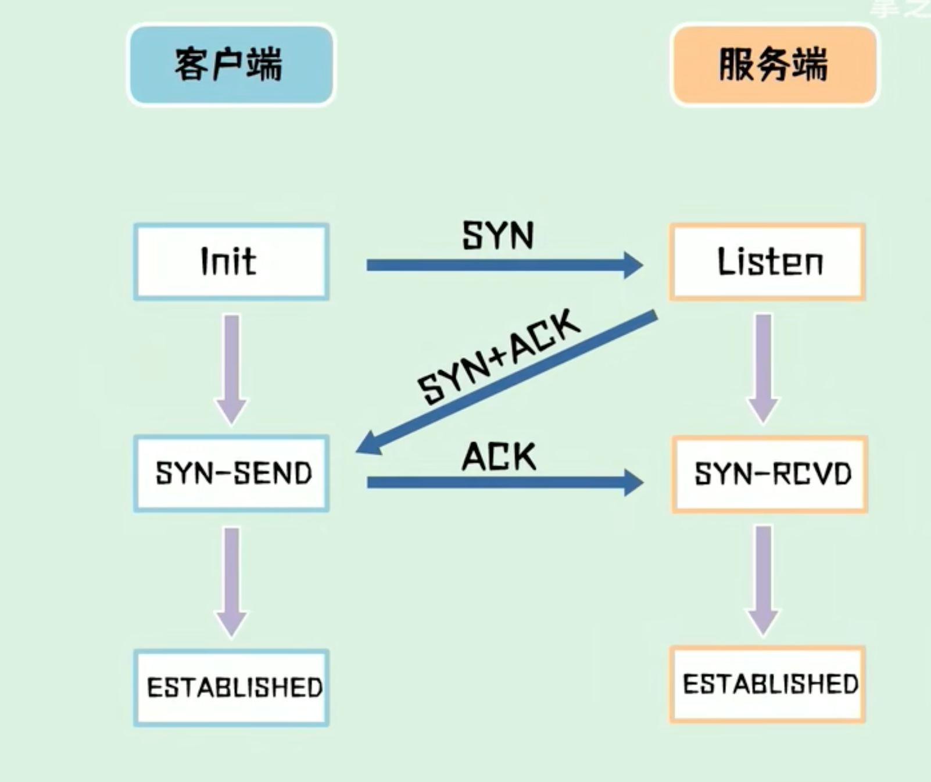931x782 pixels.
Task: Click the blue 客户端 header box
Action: pyautogui.click(x=231, y=64)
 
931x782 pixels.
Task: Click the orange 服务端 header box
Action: pyautogui.click(x=774, y=64)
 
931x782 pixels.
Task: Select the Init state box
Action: pyautogui.click(x=231, y=261)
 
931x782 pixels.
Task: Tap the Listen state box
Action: pyautogui.click(x=767, y=261)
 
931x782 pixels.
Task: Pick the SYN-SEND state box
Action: pyautogui.click(x=231, y=473)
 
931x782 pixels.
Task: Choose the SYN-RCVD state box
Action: pyautogui.click(x=769, y=474)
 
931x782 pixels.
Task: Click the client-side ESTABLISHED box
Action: pyautogui.click(x=231, y=687)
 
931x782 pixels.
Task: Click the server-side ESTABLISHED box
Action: pyautogui.click(x=767, y=684)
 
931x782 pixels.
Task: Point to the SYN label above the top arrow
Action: pyautogui.click(x=497, y=236)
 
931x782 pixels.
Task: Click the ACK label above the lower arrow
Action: pyautogui.click(x=499, y=457)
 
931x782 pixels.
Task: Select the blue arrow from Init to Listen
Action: pyautogui.click(x=494, y=266)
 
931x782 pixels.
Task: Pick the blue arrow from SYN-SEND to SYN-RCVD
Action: pyautogui.click(x=494, y=482)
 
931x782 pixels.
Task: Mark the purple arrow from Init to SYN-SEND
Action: pyautogui.click(x=231, y=366)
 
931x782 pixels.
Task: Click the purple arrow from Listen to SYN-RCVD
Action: pyautogui.click(x=762, y=366)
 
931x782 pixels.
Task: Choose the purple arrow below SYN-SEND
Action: pyautogui.click(x=231, y=578)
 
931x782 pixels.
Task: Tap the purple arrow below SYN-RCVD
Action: pyautogui.click(x=762, y=578)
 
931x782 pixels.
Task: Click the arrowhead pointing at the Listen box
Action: pyautogui.click(x=632, y=266)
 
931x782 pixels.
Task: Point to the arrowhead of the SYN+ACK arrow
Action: pyautogui.click(x=368, y=444)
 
